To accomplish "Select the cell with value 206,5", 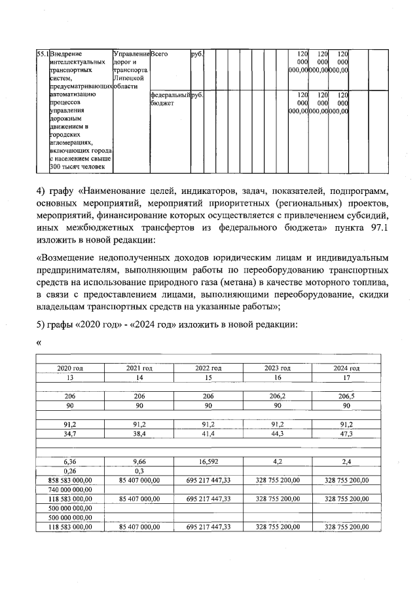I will click(x=346, y=396).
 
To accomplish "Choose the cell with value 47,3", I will click(x=346, y=433).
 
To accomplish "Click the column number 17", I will click(x=346, y=377).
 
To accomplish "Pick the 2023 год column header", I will click(x=278, y=368).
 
